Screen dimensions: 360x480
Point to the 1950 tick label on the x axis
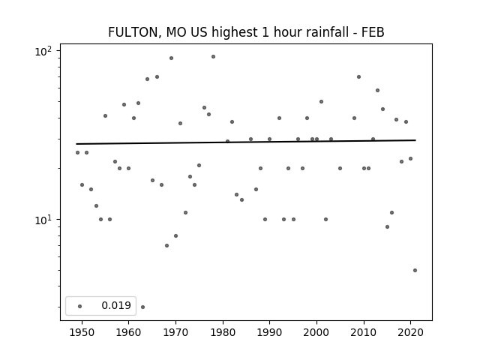coord(82,332)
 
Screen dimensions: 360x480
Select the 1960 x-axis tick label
coord(129,332)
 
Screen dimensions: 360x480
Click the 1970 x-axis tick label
coord(175,332)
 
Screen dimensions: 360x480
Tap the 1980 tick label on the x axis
coord(223,332)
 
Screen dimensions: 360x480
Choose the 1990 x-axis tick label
coord(269,332)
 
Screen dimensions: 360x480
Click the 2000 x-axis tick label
coord(316,332)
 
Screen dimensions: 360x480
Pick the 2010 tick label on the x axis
coord(364,332)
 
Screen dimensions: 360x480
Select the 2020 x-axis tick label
coord(410,332)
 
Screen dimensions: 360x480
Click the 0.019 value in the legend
coord(116,306)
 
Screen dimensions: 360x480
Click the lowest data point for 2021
coord(415,270)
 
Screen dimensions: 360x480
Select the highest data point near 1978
coord(213,56)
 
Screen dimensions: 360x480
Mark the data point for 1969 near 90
coord(171,58)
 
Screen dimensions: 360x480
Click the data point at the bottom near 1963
coord(142,307)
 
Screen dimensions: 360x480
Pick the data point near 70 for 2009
coord(358,76)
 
